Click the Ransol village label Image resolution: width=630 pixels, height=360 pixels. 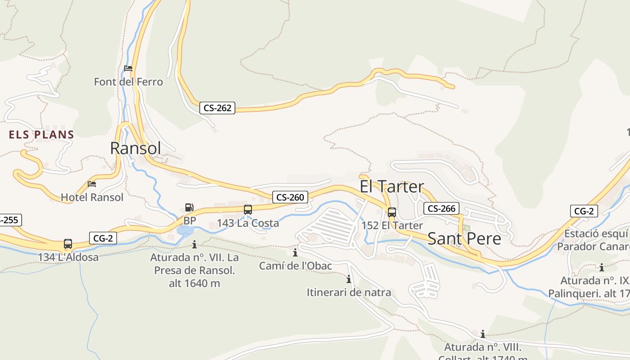click(x=135, y=148)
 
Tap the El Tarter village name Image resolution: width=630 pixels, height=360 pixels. click(x=391, y=186)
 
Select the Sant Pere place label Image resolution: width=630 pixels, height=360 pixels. click(x=464, y=238)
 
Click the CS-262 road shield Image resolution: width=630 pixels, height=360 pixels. click(x=217, y=108)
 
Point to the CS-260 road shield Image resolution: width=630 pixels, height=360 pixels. click(x=290, y=197)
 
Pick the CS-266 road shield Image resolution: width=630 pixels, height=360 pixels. click(x=441, y=208)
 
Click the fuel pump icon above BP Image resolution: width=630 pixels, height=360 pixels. click(x=189, y=207)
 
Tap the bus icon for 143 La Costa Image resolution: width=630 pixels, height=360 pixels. click(x=248, y=209)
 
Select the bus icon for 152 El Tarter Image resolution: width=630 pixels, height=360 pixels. click(x=392, y=212)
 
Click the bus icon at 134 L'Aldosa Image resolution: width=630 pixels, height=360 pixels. click(x=68, y=244)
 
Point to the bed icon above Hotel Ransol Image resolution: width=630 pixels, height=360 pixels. click(x=92, y=184)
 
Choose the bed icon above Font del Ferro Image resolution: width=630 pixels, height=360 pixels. click(x=128, y=68)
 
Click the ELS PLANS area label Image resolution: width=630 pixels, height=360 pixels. click(x=41, y=135)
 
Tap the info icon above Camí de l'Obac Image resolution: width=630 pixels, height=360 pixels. click(x=295, y=252)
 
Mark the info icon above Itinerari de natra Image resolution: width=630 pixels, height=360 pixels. click(x=349, y=279)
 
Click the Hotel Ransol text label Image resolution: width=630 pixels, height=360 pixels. click(x=92, y=197)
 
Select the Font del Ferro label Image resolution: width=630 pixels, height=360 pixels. click(x=128, y=82)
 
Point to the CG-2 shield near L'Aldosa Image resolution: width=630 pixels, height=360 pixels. click(x=103, y=238)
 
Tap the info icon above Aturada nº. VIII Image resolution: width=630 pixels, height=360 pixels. click(x=483, y=334)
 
